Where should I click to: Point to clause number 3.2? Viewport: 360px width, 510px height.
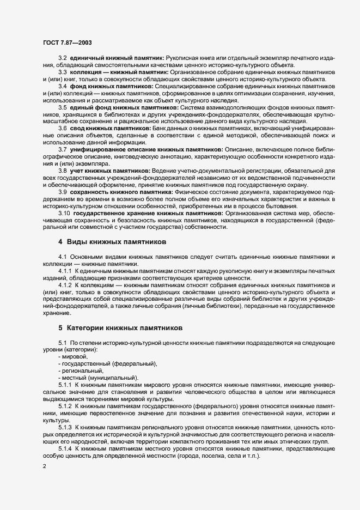[x=62, y=58]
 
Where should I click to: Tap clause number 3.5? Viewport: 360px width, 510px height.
[x=62, y=107]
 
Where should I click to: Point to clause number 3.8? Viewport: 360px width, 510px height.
[x=62, y=171]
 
